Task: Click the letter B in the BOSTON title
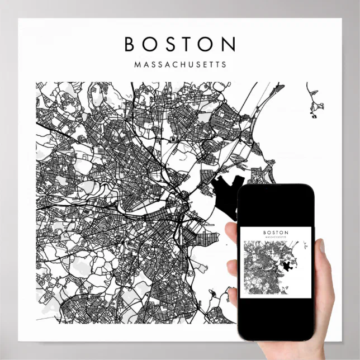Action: [130, 44]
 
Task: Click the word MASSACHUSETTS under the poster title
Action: [181, 64]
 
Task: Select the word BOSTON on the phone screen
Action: [276, 232]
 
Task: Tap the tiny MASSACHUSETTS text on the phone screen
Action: [276, 237]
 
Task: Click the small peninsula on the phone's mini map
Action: [305, 245]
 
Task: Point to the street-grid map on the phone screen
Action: [263, 268]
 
